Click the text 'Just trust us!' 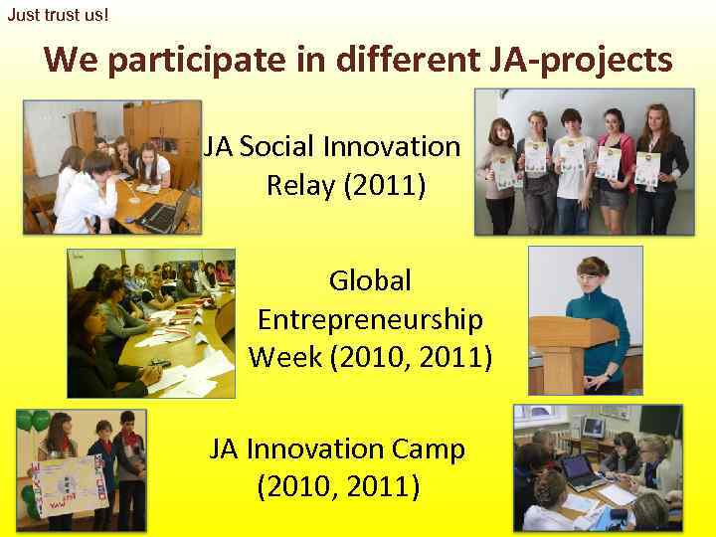coord(58,15)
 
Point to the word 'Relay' coord(299,186)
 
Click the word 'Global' coord(370,280)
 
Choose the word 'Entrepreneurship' coord(370,319)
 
